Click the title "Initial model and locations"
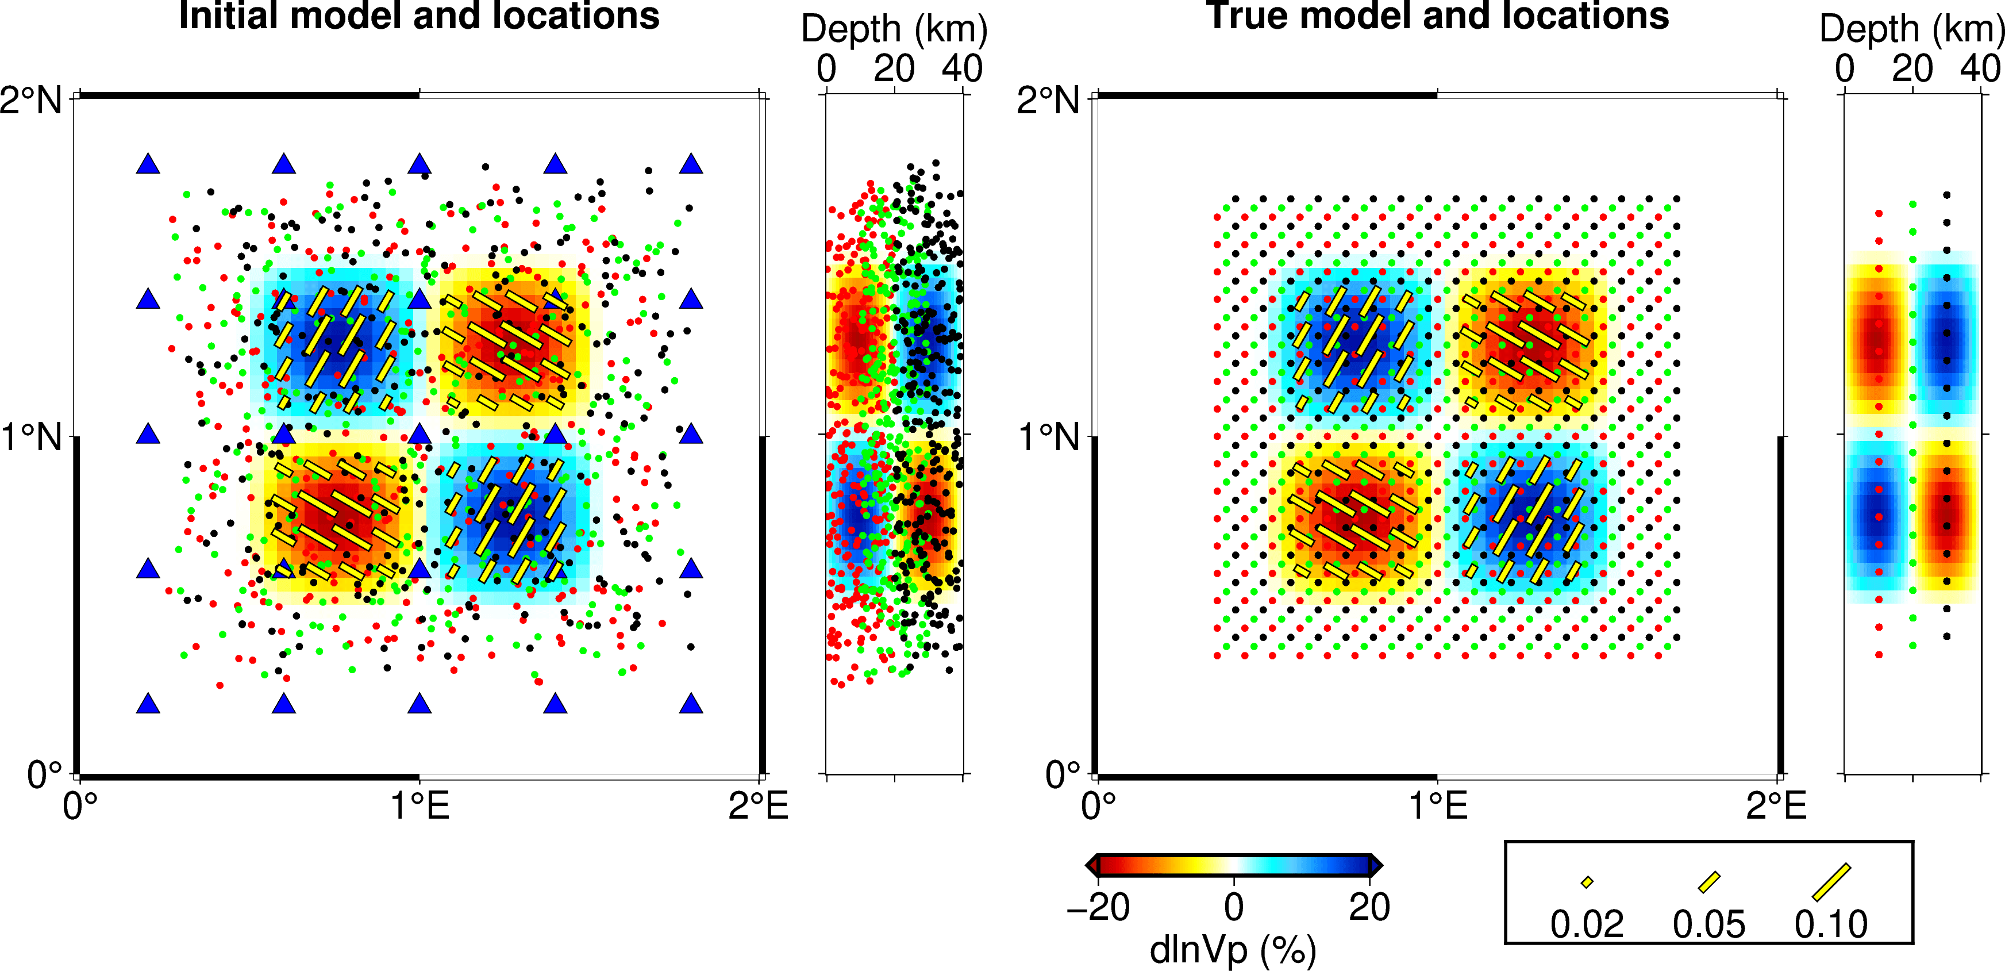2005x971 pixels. tap(419, 16)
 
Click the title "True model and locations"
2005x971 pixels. tap(1437, 16)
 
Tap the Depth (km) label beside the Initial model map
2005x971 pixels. tap(894, 29)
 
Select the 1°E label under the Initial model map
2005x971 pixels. tap(420, 806)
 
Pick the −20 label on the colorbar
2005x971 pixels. tap(1098, 908)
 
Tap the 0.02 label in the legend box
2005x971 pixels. tap(1586, 925)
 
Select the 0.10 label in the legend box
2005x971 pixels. tap(1831, 925)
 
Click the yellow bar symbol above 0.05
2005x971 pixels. tap(1708, 882)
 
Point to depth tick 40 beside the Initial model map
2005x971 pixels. tap(962, 68)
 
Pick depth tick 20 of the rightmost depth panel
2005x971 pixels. tap(1912, 68)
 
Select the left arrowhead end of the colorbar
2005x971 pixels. tap(1091, 865)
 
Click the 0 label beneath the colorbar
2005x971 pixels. tap(1234, 908)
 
